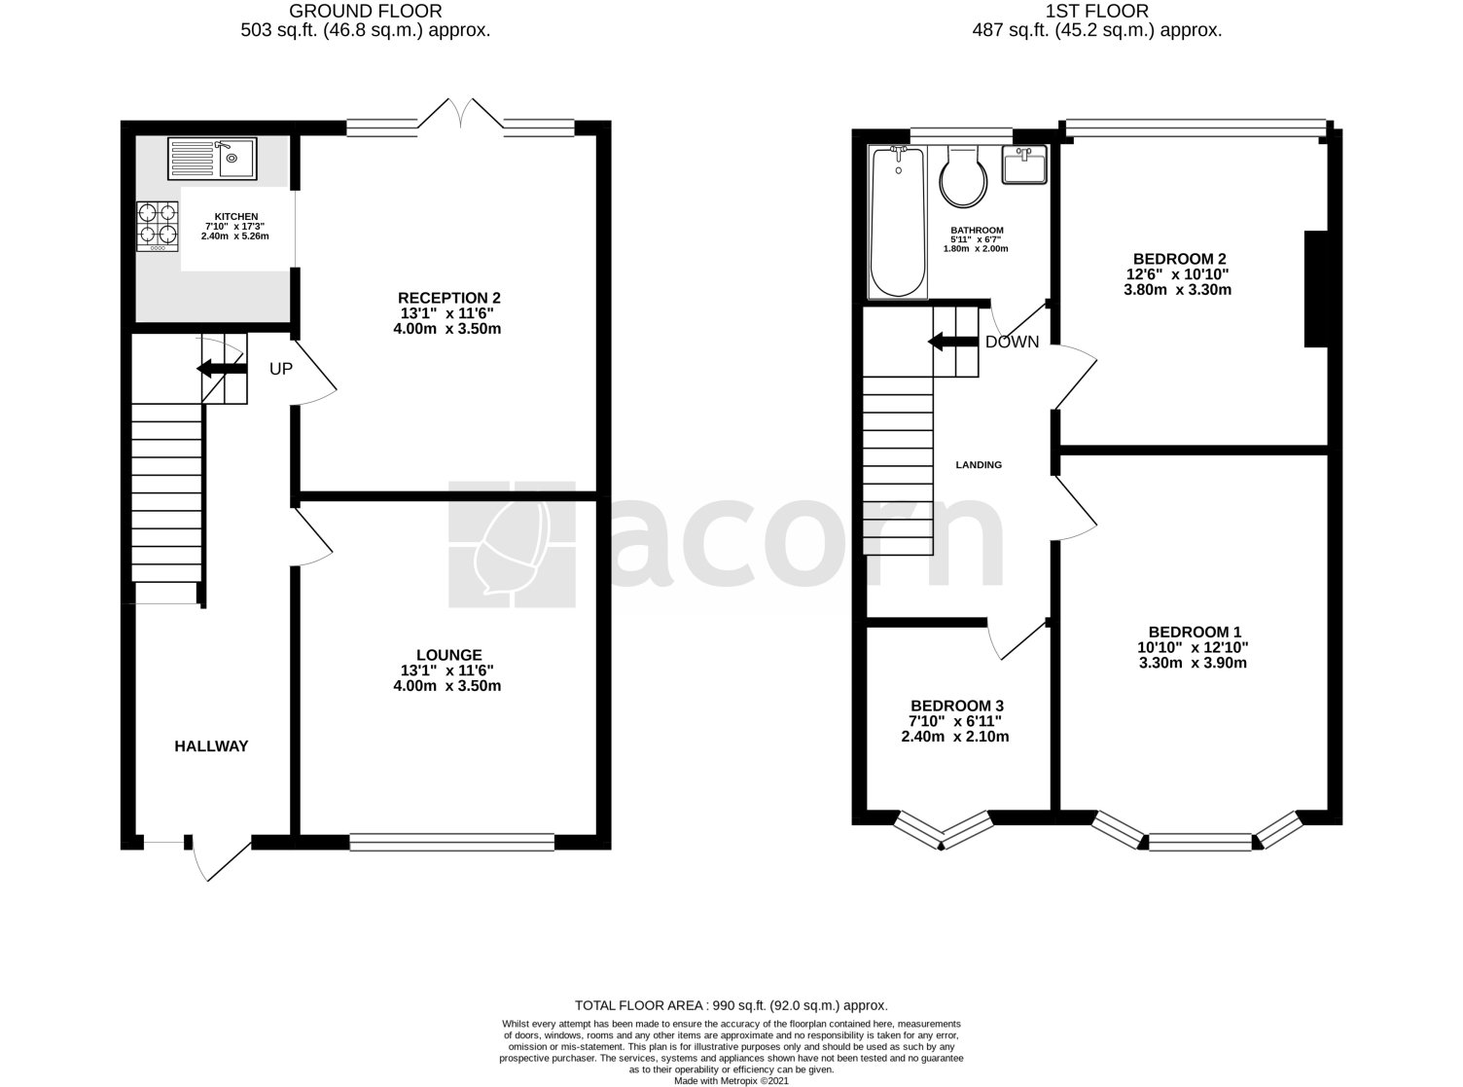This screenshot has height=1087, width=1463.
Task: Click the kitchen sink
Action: coord(212,159)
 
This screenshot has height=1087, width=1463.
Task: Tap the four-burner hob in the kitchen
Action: coord(158,226)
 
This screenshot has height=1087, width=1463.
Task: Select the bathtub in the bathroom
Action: coord(898,222)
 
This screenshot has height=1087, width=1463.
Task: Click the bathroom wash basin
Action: coord(1023,165)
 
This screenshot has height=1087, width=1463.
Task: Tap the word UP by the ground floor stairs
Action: coord(281,369)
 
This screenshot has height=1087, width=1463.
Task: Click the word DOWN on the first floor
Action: coord(1012,342)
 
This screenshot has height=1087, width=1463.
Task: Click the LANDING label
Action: coord(979,464)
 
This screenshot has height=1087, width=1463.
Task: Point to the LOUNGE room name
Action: coord(449,655)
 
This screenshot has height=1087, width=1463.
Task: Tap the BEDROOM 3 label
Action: coord(957,706)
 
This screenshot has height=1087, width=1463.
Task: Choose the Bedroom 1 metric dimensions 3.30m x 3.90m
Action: coord(1193,663)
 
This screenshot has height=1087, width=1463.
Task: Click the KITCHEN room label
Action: coord(236,216)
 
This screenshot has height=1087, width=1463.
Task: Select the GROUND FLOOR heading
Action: coord(366,11)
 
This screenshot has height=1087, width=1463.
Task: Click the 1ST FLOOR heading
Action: coord(1097,11)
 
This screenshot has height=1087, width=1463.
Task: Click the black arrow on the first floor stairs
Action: coord(952,342)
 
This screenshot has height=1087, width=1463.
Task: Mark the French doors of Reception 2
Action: coord(460,114)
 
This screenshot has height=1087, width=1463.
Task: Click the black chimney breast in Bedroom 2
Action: coord(1315,288)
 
